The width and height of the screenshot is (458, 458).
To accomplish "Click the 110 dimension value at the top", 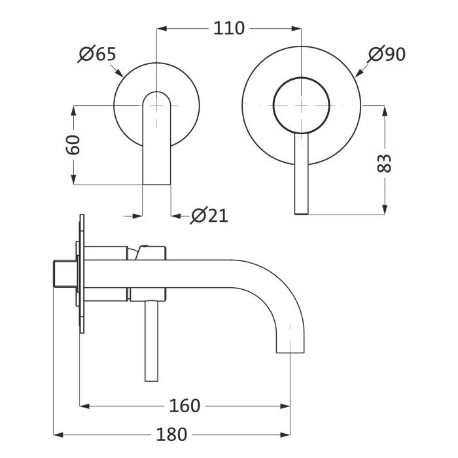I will [x=228, y=28].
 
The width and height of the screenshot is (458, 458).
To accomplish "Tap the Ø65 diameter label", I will [x=98, y=54].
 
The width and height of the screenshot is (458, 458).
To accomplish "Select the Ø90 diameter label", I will [x=386, y=54].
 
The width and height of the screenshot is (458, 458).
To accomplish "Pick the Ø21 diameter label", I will [x=209, y=215].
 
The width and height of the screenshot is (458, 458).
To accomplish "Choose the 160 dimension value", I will [x=185, y=406].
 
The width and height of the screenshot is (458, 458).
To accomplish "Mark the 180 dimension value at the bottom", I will [x=171, y=434].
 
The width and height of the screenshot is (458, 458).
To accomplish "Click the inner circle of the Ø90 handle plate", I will [x=300, y=105].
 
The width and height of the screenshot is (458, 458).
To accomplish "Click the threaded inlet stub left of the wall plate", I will [x=63, y=275].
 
